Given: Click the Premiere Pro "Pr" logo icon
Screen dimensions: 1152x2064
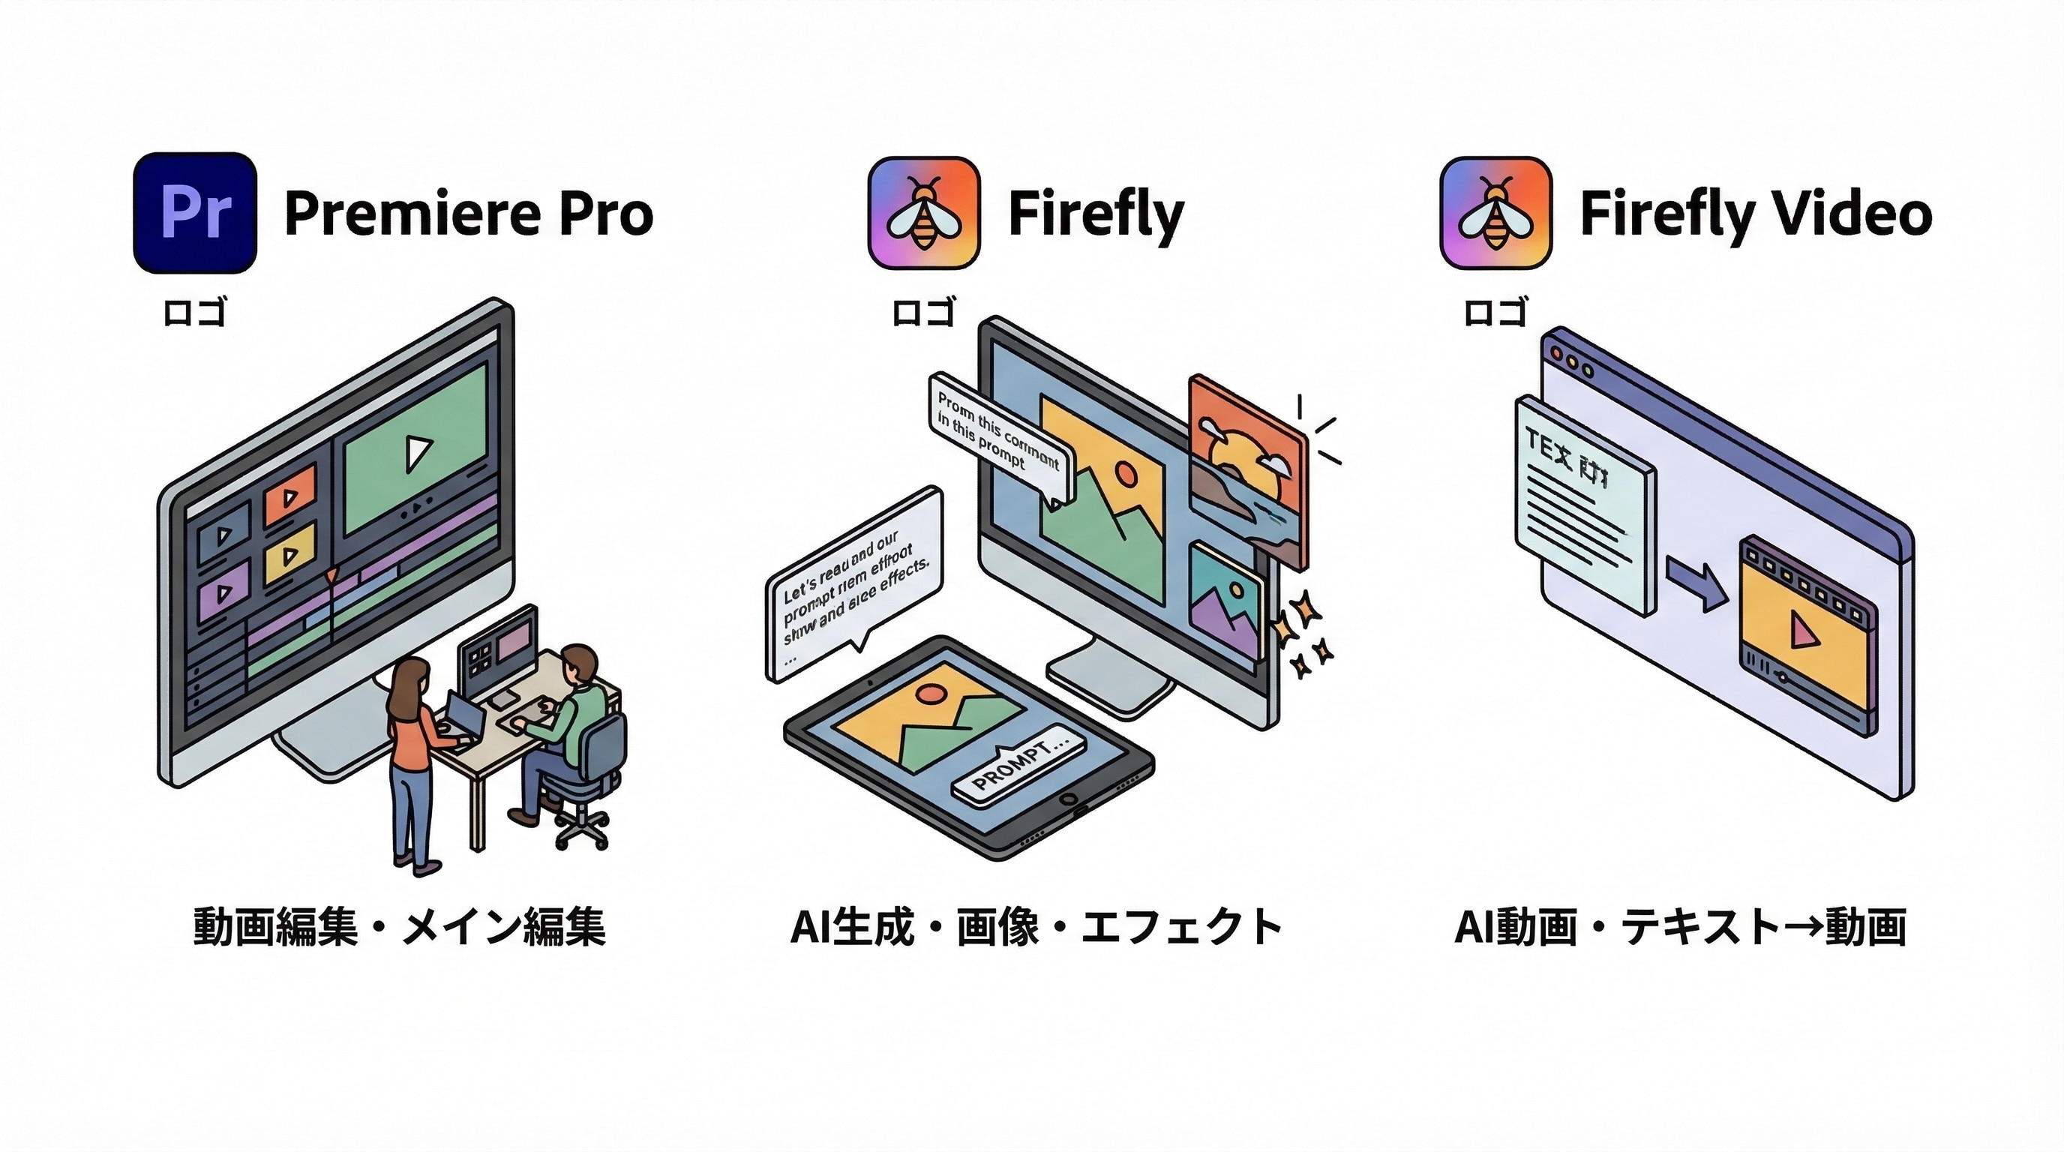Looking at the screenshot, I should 195,213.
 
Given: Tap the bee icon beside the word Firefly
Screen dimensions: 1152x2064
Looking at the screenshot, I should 924,213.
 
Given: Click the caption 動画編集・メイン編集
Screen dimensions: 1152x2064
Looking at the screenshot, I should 399,927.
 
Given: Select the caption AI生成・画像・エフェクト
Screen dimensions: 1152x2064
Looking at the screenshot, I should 1035,927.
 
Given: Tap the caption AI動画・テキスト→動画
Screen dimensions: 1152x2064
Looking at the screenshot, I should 1679,927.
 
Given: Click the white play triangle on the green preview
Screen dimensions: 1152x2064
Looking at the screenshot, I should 418,454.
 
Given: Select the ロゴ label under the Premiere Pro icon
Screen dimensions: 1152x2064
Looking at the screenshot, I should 195,313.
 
